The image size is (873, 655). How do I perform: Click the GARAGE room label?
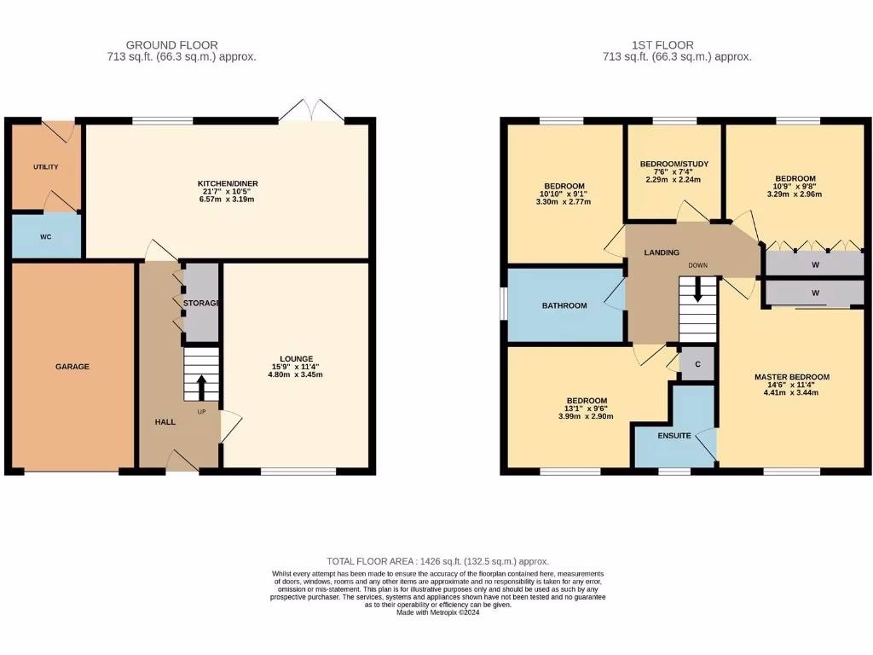click(72, 367)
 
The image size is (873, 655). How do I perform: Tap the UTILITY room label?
click(46, 167)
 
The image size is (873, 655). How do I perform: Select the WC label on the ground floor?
click(46, 236)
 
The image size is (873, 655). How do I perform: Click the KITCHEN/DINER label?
click(228, 183)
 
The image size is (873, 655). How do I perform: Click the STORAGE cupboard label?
click(202, 303)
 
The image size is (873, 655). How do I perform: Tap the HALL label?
click(165, 422)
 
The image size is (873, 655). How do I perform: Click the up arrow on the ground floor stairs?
click(201, 389)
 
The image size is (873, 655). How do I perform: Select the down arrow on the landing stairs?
click(698, 292)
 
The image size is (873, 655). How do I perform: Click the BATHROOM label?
click(564, 305)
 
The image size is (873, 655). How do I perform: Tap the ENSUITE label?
click(674, 436)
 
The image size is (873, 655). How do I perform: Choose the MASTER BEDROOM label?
click(791, 377)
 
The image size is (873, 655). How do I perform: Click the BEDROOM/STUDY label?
click(674, 164)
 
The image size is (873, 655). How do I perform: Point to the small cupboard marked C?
click(697, 364)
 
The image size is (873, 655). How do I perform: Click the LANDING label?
click(662, 252)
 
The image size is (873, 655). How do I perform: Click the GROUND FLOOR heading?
click(171, 45)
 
